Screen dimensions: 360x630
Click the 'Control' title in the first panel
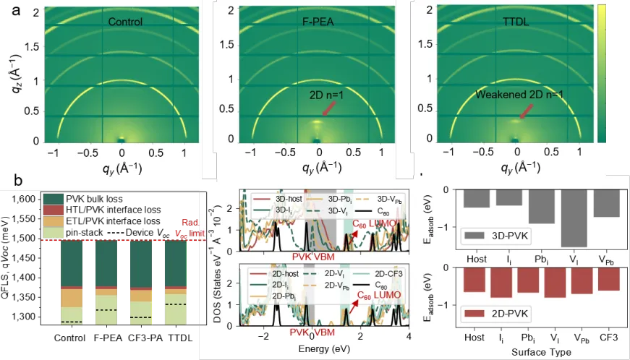(x=125, y=22)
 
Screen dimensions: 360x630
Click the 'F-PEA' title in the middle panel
(x=318, y=22)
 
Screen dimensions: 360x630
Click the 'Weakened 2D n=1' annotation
(x=519, y=95)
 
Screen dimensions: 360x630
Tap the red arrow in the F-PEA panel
(x=328, y=108)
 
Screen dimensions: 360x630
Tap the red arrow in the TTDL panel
(x=527, y=111)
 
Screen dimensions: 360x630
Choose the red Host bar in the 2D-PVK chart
(x=477, y=279)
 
